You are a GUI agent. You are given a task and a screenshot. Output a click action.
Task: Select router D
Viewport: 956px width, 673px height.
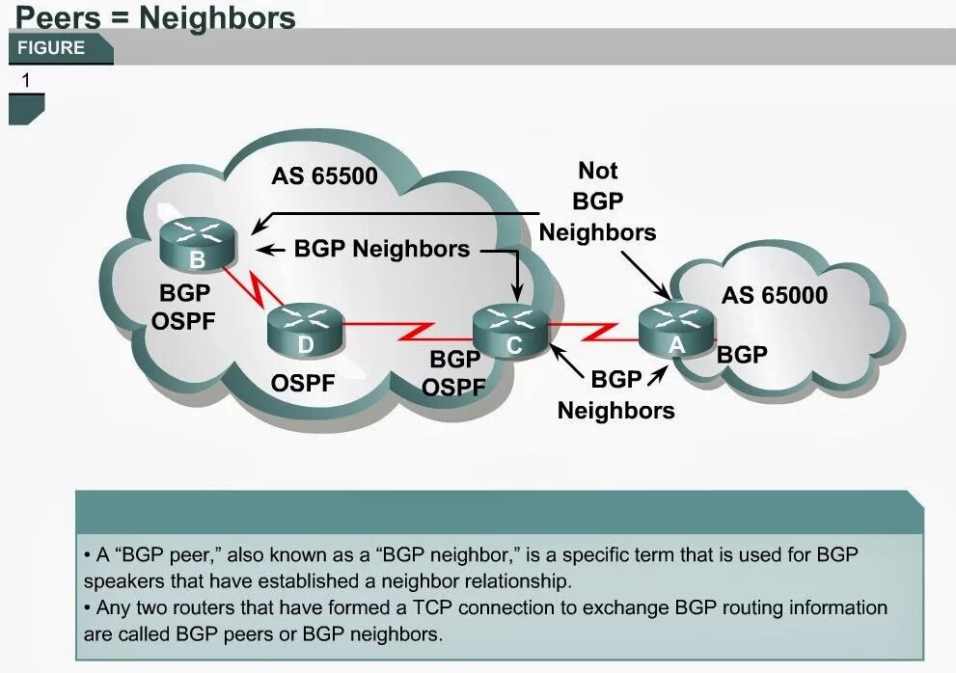click(x=306, y=331)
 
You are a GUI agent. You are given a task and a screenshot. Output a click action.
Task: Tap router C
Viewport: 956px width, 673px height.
click(x=511, y=332)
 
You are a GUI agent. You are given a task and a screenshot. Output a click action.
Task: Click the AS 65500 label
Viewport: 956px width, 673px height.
click(x=324, y=176)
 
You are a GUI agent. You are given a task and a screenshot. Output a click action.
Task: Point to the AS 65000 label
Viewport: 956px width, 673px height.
click(x=775, y=295)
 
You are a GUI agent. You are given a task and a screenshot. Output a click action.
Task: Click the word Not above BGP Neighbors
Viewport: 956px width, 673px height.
click(x=598, y=171)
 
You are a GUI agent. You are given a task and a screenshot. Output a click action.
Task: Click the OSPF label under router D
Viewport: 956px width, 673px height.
click(x=303, y=383)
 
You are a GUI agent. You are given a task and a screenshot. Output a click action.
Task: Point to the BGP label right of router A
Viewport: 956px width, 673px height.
click(x=742, y=354)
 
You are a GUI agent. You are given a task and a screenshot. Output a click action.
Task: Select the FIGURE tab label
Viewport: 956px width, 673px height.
click(x=51, y=48)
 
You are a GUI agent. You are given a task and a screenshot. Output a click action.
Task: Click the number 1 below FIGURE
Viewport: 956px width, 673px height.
click(x=26, y=81)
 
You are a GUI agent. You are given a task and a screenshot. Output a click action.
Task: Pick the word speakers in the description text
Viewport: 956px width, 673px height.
click(x=123, y=581)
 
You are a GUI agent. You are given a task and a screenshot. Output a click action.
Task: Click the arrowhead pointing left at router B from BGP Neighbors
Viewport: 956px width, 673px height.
click(x=269, y=250)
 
